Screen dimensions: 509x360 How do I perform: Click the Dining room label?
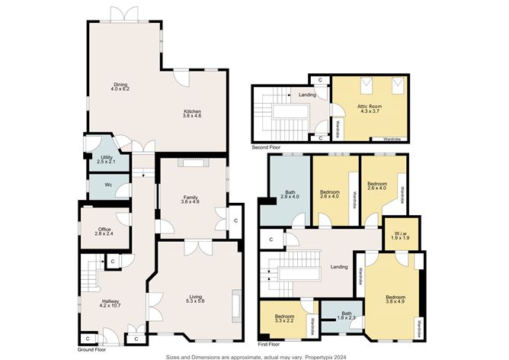120,87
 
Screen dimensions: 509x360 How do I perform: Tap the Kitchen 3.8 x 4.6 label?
192,114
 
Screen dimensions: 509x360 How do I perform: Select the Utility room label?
107,159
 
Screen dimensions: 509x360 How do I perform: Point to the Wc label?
108,185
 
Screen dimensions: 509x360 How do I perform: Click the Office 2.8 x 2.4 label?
104,231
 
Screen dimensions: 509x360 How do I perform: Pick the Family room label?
190,200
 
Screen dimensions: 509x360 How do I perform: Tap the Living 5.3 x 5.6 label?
196,298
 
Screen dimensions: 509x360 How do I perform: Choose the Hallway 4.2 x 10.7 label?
110,303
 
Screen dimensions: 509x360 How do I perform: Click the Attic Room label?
370,108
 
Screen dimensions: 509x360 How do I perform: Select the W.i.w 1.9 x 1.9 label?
400,236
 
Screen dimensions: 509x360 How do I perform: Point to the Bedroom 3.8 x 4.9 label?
395,299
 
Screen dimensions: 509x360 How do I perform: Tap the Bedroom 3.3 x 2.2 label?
284,318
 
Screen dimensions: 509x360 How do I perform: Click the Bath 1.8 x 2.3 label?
347,316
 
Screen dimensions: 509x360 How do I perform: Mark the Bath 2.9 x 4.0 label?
290,194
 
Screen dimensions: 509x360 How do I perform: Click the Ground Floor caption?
92,350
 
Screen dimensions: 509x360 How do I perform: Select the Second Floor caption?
266,147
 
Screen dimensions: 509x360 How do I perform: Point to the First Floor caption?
269,344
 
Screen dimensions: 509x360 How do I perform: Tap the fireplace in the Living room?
236,305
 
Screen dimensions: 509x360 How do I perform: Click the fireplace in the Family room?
193,162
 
